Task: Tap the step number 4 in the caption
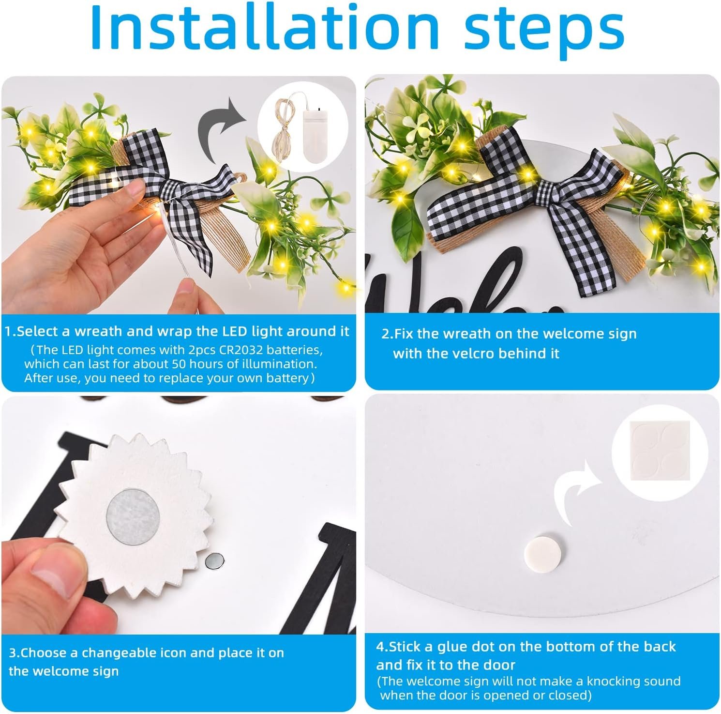[380, 647]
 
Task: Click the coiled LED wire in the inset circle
[284, 128]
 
